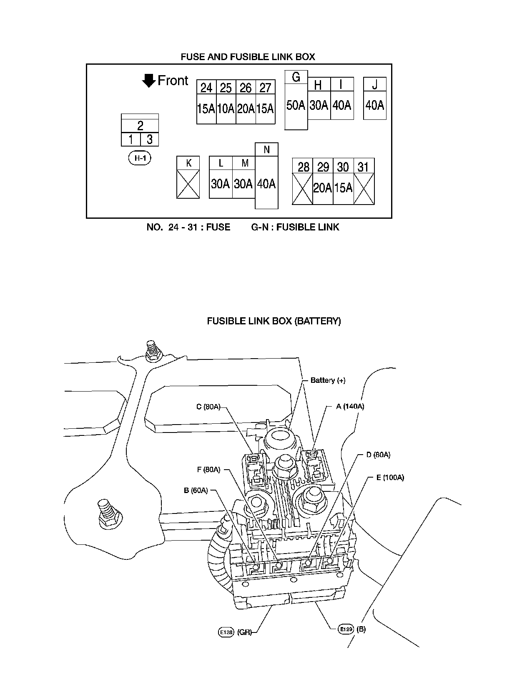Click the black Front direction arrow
click(x=148, y=81)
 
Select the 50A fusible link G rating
click(x=296, y=106)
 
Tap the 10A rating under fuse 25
click(x=226, y=109)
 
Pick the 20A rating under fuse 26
click(x=246, y=109)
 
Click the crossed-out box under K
click(x=188, y=183)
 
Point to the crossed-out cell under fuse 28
click(x=302, y=188)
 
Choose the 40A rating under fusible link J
click(x=374, y=105)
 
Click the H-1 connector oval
click(x=140, y=158)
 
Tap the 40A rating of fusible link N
click(x=266, y=184)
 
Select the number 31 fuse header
click(x=364, y=167)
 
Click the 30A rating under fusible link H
click(x=319, y=105)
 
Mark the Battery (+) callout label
click(x=328, y=380)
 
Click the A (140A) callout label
click(x=350, y=406)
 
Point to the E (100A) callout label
click(x=390, y=478)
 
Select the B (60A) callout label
click(x=196, y=491)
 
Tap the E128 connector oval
click(x=226, y=632)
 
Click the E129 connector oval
click(x=346, y=629)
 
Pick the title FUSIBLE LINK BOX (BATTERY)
click(x=274, y=321)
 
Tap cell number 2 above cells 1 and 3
click(x=140, y=126)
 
